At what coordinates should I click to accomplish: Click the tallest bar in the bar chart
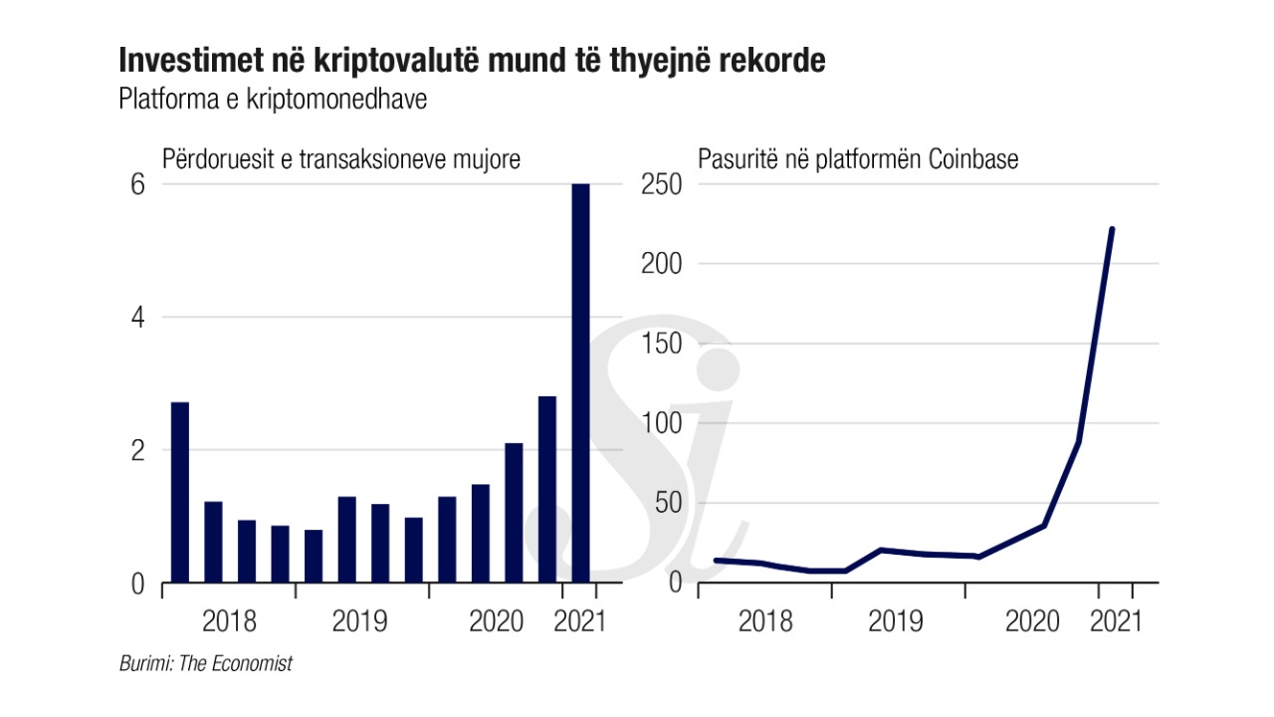pos(580,383)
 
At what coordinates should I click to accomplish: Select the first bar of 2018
pos(180,492)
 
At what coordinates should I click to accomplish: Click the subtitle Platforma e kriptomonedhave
pos(273,101)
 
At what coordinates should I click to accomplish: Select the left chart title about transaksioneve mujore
pos(341,159)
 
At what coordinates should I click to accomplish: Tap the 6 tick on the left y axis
pos(138,184)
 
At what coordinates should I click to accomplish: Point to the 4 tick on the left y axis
pos(138,318)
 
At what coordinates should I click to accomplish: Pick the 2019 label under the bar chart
pos(361,622)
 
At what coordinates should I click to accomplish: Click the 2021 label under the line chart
pos(1116,622)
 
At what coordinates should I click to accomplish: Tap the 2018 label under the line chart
pos(765,622)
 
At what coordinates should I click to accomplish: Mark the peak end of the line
pos(1112,229)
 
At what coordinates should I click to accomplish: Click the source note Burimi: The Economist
pos(206,663)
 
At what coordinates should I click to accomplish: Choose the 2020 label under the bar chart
pos(496,622)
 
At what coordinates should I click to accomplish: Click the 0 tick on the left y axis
pos(138,583)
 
